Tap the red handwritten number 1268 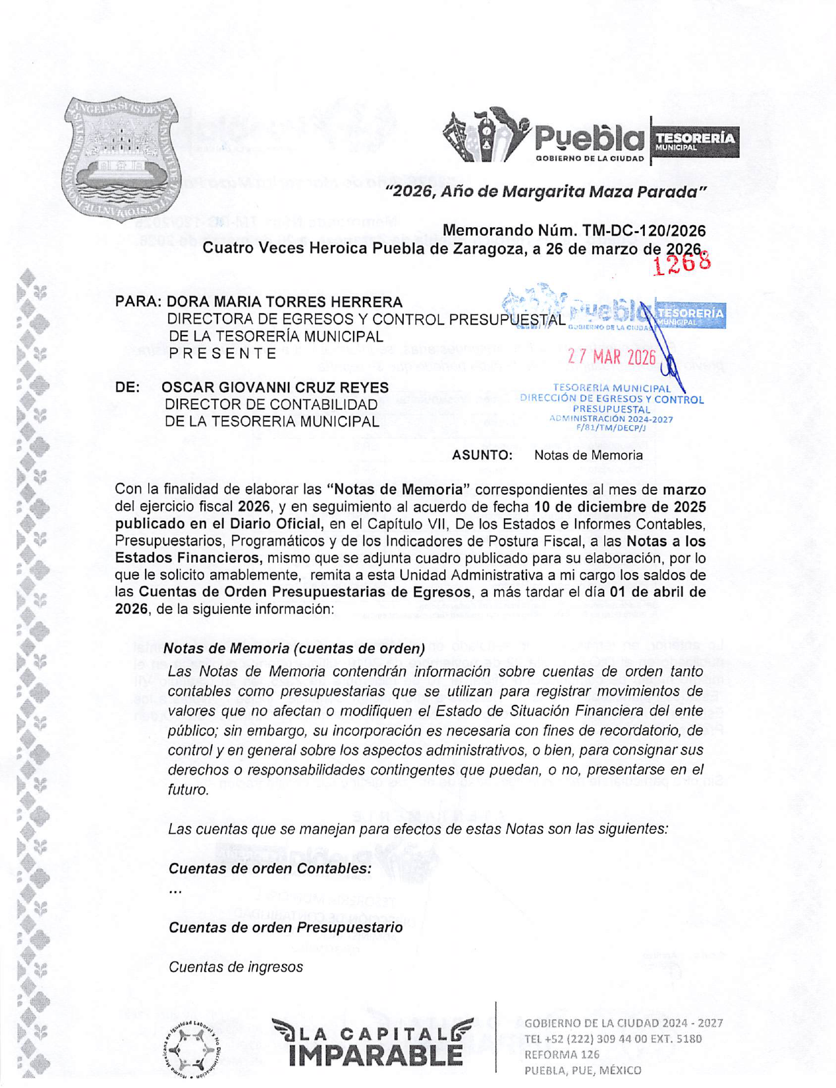(681, 263)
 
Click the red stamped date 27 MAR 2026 (611, 357)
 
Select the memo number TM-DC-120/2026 (644, 231)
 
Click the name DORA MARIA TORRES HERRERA (284, 302)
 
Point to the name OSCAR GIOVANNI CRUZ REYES (275, 388)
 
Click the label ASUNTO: (482, 455)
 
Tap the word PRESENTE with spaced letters (223, 353)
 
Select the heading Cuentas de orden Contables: (270, 868)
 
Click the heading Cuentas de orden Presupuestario (285, 927)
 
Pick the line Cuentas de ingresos (236, 967)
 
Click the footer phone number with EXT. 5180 (613, 1039)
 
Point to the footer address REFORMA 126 (561, 1054)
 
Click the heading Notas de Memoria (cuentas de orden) (294, 648)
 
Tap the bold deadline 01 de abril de (657, 592)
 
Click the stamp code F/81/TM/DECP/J (611, 427)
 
